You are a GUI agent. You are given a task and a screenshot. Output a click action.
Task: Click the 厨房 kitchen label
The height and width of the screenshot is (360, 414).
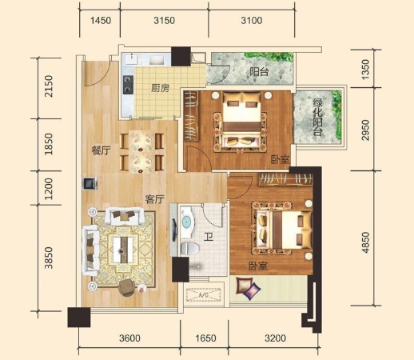click(160, 88)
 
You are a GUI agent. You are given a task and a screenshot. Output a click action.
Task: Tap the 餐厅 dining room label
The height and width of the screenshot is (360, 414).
click(101, 150)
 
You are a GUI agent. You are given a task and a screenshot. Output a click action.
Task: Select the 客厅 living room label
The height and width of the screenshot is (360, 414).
click(155, 199)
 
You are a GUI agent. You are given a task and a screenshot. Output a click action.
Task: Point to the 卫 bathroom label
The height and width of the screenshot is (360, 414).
click(209, 236)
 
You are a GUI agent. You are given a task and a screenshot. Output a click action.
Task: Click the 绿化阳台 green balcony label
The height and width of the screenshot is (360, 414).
click(318, 117)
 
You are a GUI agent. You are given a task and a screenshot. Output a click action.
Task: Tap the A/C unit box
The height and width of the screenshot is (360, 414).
click(204, 294)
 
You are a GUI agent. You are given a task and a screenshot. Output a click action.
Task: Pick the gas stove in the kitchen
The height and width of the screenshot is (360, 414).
click(128, 85)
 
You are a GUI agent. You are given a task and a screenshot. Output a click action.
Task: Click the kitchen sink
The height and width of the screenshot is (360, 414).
click(158, 60)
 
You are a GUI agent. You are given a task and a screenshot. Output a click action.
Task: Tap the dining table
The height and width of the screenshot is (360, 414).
click(141, 151)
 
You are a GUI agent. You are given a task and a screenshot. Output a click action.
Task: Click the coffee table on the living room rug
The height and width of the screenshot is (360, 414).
click(123, 250)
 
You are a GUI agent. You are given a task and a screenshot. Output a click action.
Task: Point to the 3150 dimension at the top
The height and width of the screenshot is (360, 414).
click(164, 21)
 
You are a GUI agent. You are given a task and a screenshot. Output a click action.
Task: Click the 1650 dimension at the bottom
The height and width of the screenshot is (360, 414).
click(205, 338)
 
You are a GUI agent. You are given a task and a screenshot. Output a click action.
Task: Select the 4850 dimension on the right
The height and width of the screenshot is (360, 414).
click(365, 242)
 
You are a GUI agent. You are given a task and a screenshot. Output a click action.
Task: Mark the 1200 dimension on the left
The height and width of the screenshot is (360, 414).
click(49, 189)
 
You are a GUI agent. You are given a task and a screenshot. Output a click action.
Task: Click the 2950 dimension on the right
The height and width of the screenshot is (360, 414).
click(365, 130)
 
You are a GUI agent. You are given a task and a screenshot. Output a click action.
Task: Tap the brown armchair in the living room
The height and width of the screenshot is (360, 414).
click(126, 287)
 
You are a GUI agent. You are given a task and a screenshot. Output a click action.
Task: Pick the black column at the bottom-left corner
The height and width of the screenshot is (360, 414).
click(79, 318)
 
